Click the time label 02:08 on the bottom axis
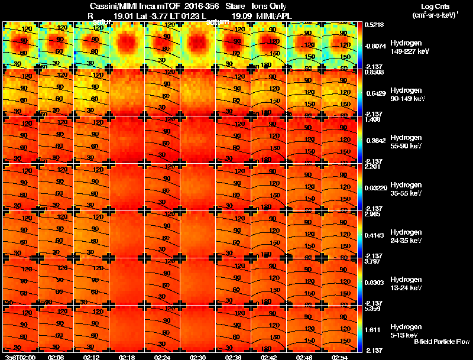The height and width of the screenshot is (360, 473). pyautogui.click(x=56, y=356)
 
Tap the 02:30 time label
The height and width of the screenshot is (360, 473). pyautogui.click(x=198, y=356)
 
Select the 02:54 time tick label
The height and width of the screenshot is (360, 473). pyautogui.click(x=339, y=356)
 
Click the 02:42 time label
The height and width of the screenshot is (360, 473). pyautogui.click(x=269, y=356)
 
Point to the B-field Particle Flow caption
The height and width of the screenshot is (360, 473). pyautogui.click(x=441, y=342)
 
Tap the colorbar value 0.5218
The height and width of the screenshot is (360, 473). pyautogui.click(x=376, y=25)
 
